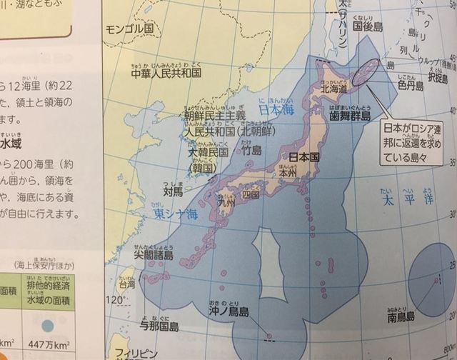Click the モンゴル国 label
(129, 30)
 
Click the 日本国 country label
(303, 156)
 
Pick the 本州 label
(288, 171)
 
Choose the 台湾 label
(126, 284)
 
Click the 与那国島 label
(159, 327)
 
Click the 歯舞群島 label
(350, 115)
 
